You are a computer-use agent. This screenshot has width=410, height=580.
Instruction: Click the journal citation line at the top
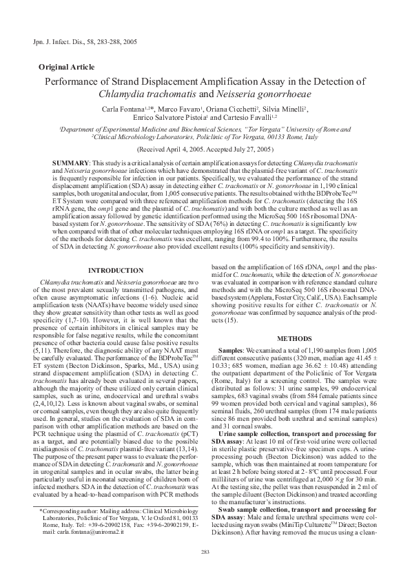pyautogui.click(x=80, y=43)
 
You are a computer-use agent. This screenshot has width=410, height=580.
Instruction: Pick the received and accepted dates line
pyautogui.click(x=205, y=149)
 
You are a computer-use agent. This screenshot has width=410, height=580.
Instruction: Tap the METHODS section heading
pyautogui.click(x=294, y=338)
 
